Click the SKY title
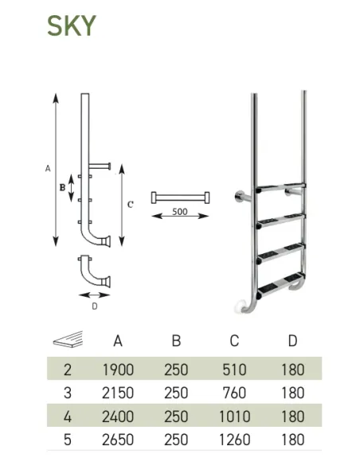(x=72, y=25)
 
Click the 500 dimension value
(x=180, y=212)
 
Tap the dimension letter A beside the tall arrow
(x=48, y=169)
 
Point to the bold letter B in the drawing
(x=62, y=188)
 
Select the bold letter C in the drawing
(x=131, y=205)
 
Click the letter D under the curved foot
(x=95, y=306)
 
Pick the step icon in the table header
(x=68, y=339)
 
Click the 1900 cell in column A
(x=118, y=369)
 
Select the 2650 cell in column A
(x=118, y=440)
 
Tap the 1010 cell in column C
(x=235, y=416)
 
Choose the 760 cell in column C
(x=235, y=393)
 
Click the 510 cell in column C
(x=235, y=369)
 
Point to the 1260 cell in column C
(x=235, y=440)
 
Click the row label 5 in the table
(x=68, y=440)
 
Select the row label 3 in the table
(x=68, y=393)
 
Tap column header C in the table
(x=234, y=341)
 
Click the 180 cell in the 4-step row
(x=292, y=416)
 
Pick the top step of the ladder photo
(x=280, y=187)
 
